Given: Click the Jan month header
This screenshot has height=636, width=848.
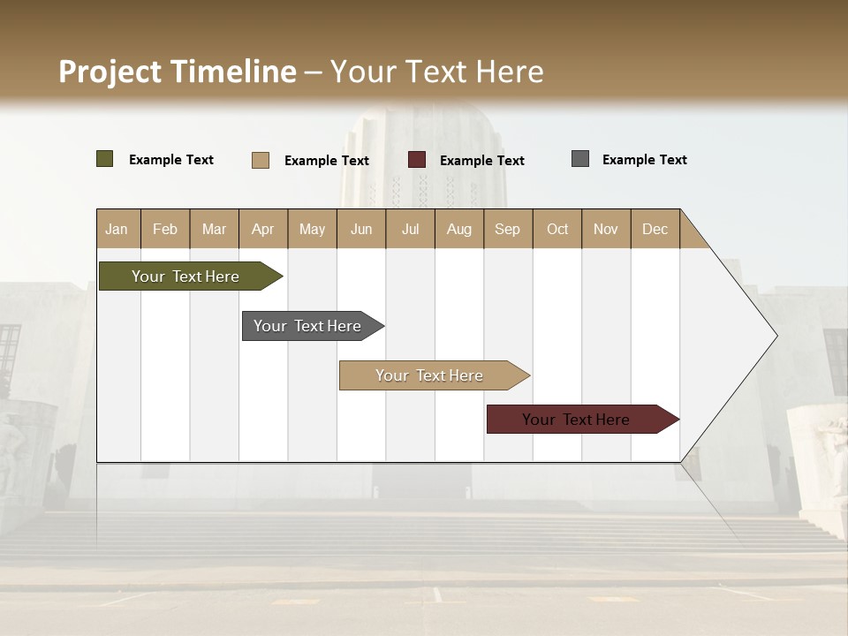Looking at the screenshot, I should (x=117, y=229).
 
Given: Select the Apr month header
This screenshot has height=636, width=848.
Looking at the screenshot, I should (x=262, y=229).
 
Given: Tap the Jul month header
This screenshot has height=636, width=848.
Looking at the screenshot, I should (x=410, y=229).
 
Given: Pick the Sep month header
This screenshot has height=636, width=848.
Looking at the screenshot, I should (x=507, y=229).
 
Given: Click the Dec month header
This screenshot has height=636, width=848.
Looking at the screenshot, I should (x=655, y=229).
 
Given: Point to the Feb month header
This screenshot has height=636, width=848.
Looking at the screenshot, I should (x=165, y=229).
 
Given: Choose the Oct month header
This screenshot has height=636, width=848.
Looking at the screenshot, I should (x=557, y=229).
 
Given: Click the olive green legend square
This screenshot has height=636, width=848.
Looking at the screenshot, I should (x=105, y=159).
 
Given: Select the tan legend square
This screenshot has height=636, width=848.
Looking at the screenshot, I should (x=261, y=160).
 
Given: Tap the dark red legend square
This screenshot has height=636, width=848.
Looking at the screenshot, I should (x=417, y=160).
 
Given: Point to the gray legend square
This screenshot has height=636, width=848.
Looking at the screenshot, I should (x=580, y=159).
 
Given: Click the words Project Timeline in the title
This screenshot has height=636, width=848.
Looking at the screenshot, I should (x=178, y=72).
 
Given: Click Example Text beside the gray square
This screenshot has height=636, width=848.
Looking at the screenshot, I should (x=644, y=160).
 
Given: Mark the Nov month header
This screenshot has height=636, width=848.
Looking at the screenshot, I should (x=606, y=229).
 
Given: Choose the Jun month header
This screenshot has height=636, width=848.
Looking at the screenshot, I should (x=361, y=229).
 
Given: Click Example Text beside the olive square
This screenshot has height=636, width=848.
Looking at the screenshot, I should (x=171, y=160).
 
